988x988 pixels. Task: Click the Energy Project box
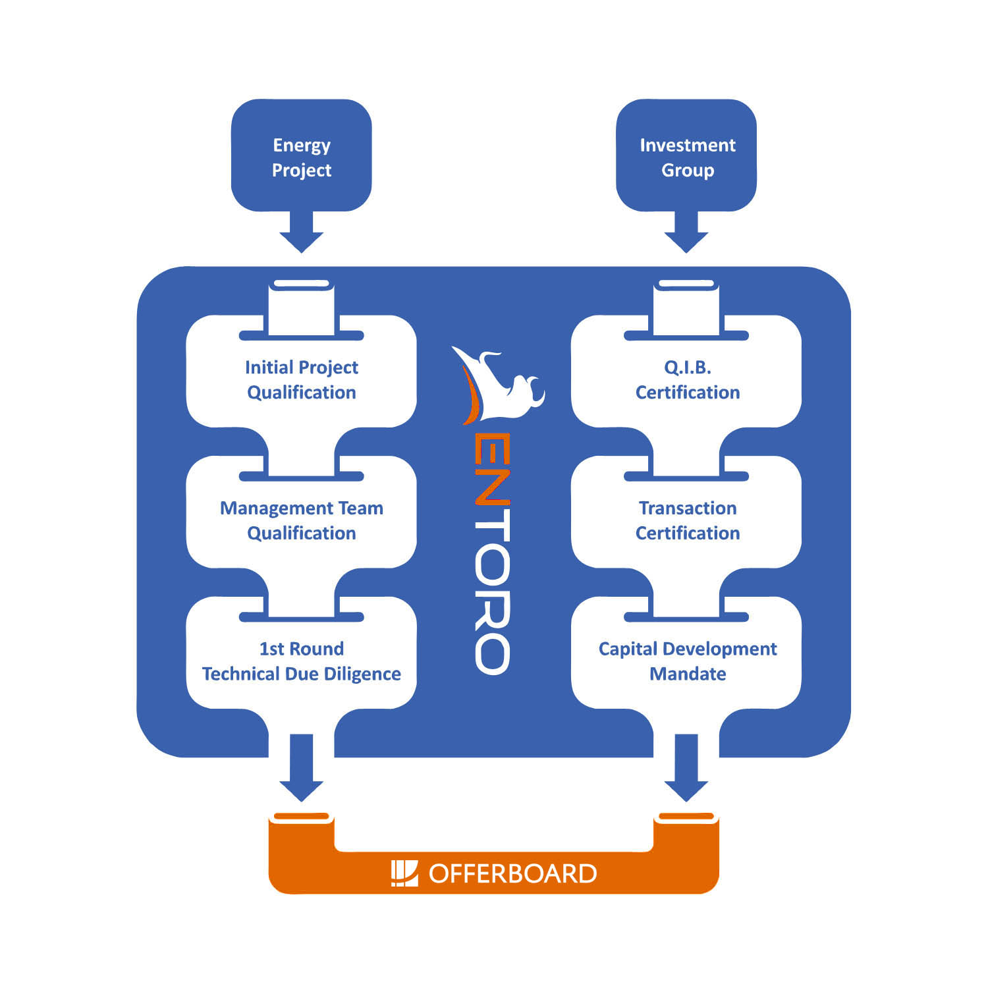301,156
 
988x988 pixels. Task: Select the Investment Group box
686,156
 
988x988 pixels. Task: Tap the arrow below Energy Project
301,233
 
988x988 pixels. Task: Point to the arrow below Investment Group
686,233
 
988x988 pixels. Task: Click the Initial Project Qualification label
302,379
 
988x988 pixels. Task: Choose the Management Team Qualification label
302,520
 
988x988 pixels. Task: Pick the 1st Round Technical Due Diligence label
302,661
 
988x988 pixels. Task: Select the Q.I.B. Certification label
688,379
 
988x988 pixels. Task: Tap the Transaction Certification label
688,520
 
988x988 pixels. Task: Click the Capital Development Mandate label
688,661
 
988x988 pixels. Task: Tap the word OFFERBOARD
512,874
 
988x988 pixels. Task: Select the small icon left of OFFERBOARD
404,873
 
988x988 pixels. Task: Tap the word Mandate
688,674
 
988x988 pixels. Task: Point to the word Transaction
688,508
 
